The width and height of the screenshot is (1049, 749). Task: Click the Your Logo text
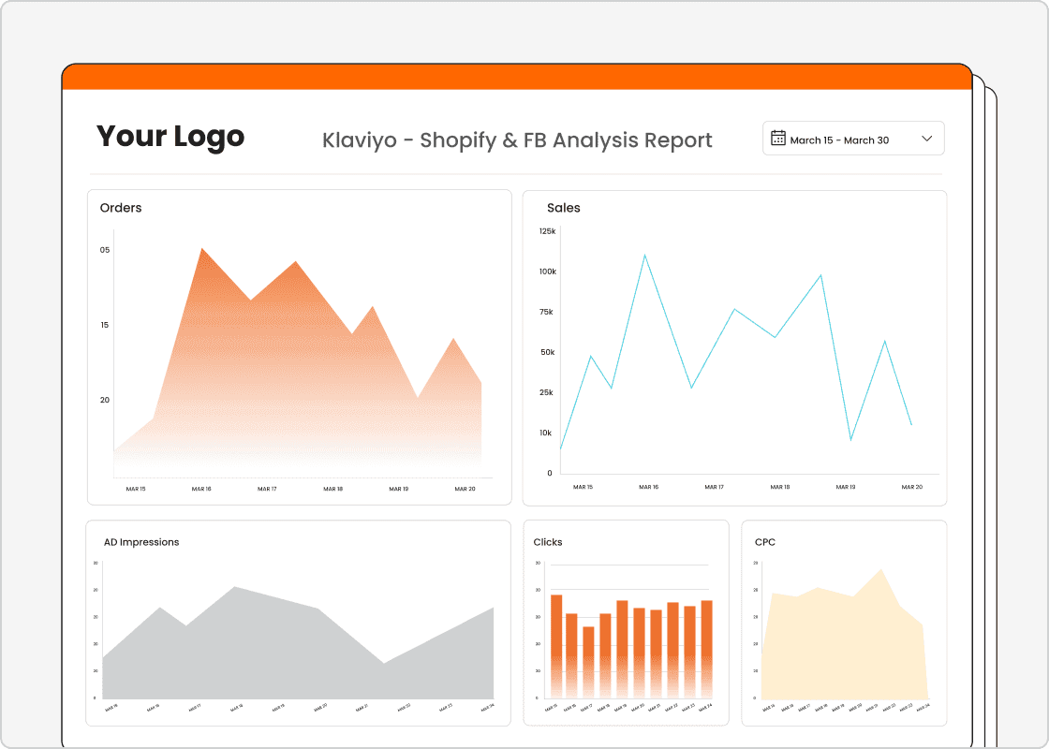(170, 137)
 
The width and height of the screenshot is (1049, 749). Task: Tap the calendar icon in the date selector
(778, 139)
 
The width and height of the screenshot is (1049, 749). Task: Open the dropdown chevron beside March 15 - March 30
(927, 139)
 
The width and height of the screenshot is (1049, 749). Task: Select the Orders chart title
(121, 208)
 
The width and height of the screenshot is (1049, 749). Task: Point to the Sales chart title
(564, 208)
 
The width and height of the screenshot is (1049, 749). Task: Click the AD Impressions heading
(141, 542)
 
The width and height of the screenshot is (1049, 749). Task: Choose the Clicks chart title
(548, 542)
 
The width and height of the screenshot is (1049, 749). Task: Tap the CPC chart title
(765, 542)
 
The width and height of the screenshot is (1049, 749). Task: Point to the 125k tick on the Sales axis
(547, 231)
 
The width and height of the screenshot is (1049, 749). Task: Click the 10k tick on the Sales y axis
(546, 433)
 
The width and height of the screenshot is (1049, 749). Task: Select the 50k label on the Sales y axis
(547, 352)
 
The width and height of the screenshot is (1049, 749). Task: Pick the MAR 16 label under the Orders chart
(201, 489)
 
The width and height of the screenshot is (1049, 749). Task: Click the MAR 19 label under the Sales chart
(846, 487)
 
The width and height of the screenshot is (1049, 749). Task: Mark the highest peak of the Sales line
(644, 255)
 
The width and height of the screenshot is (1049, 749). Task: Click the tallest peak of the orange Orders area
(201, 249)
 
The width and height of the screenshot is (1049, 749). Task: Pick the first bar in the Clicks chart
(556, 646)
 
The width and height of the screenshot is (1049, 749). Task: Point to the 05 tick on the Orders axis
(105, 250)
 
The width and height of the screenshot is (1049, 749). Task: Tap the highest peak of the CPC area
(880, 570)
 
